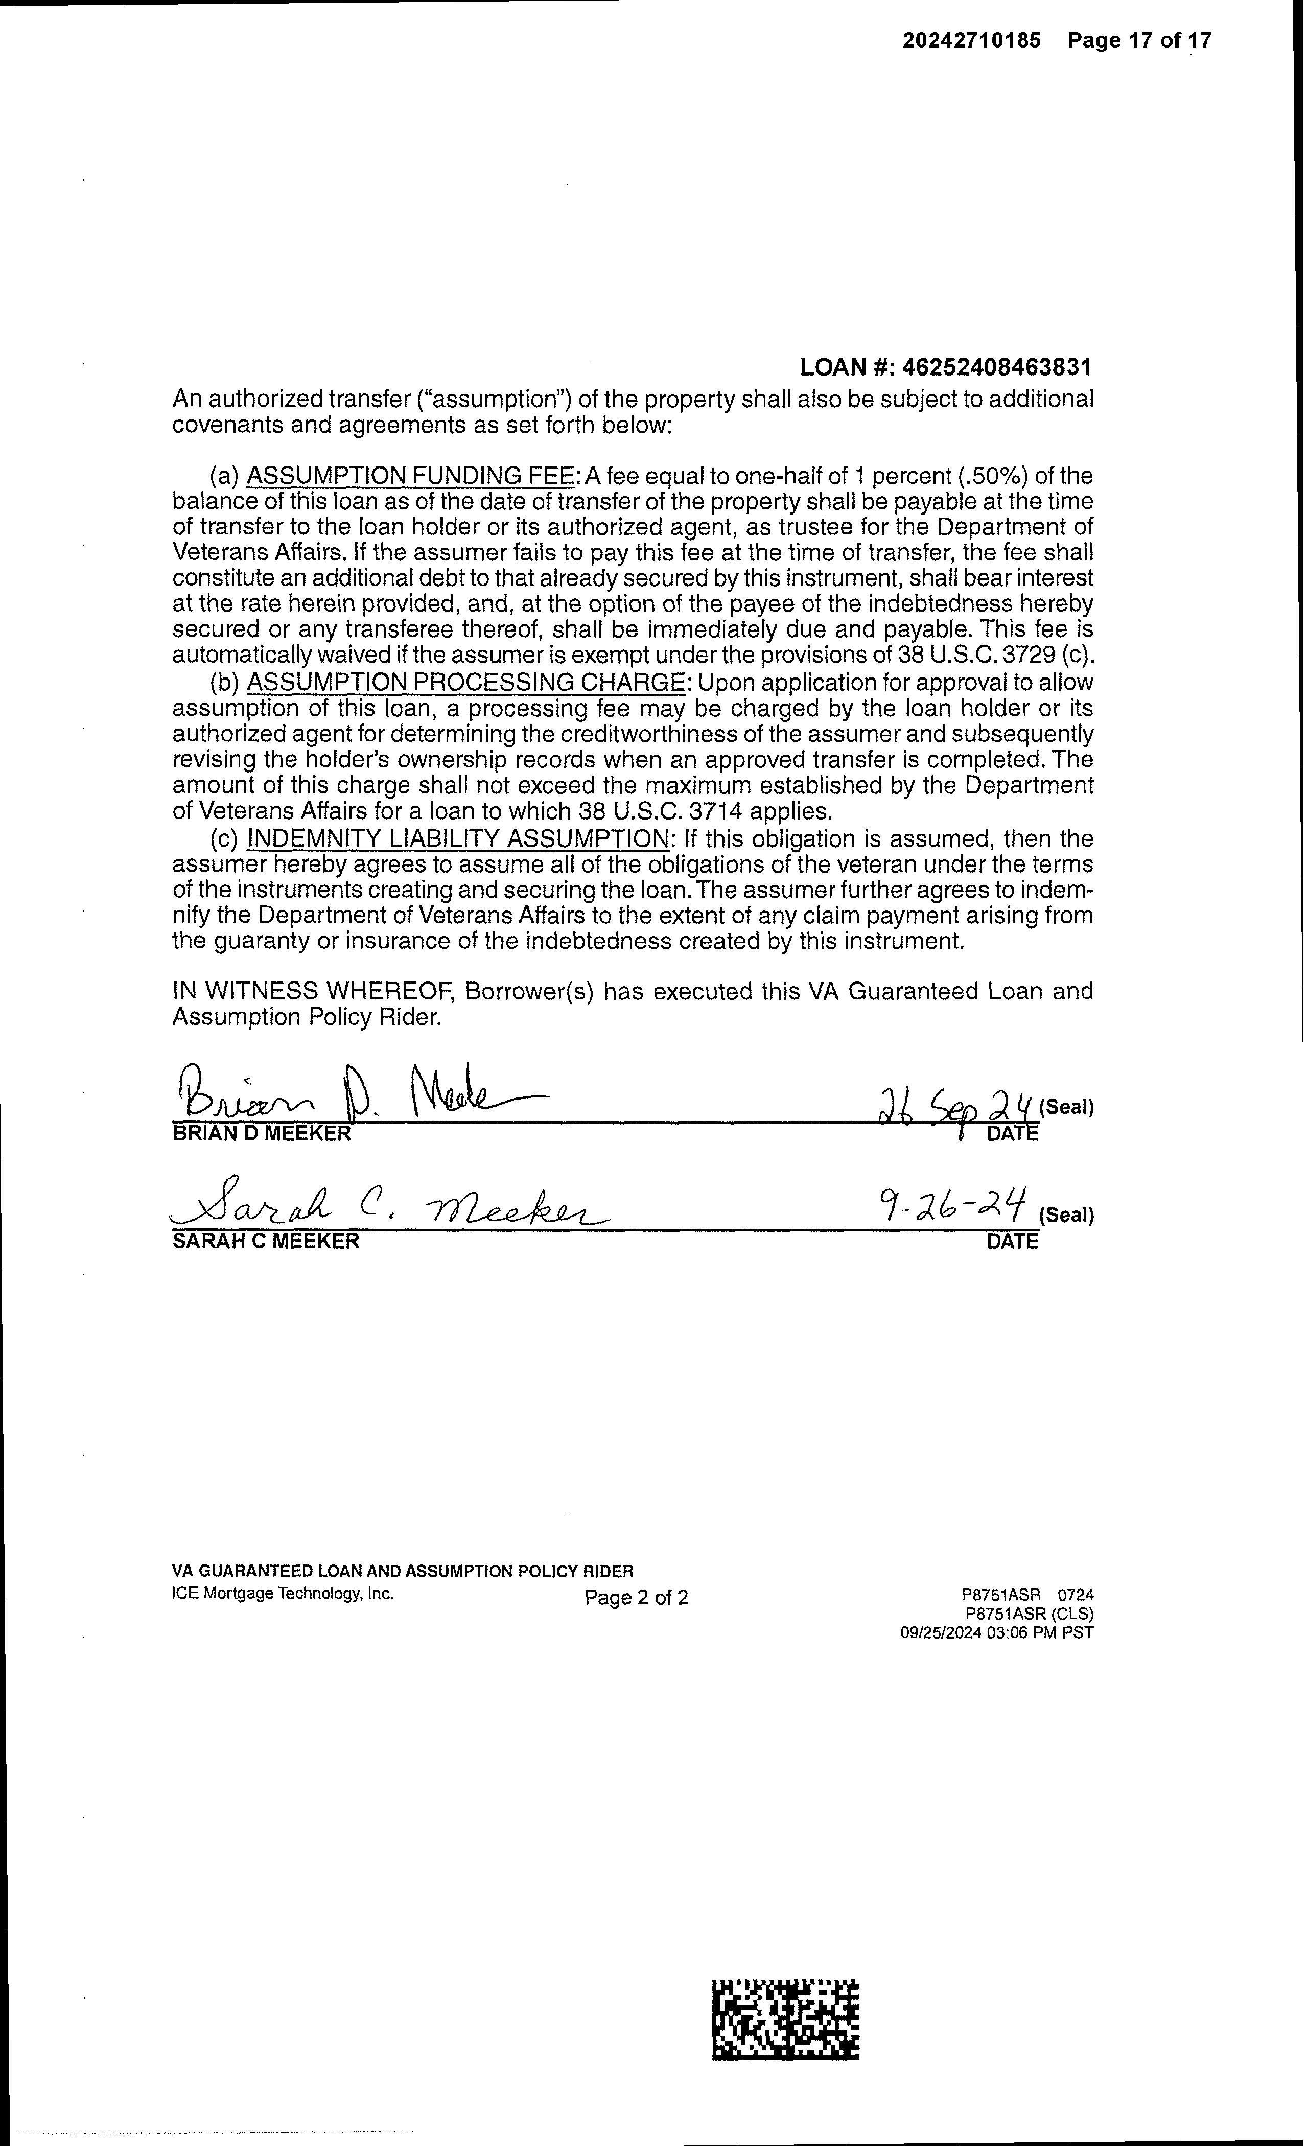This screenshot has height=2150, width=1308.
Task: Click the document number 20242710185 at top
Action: [971, 40]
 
